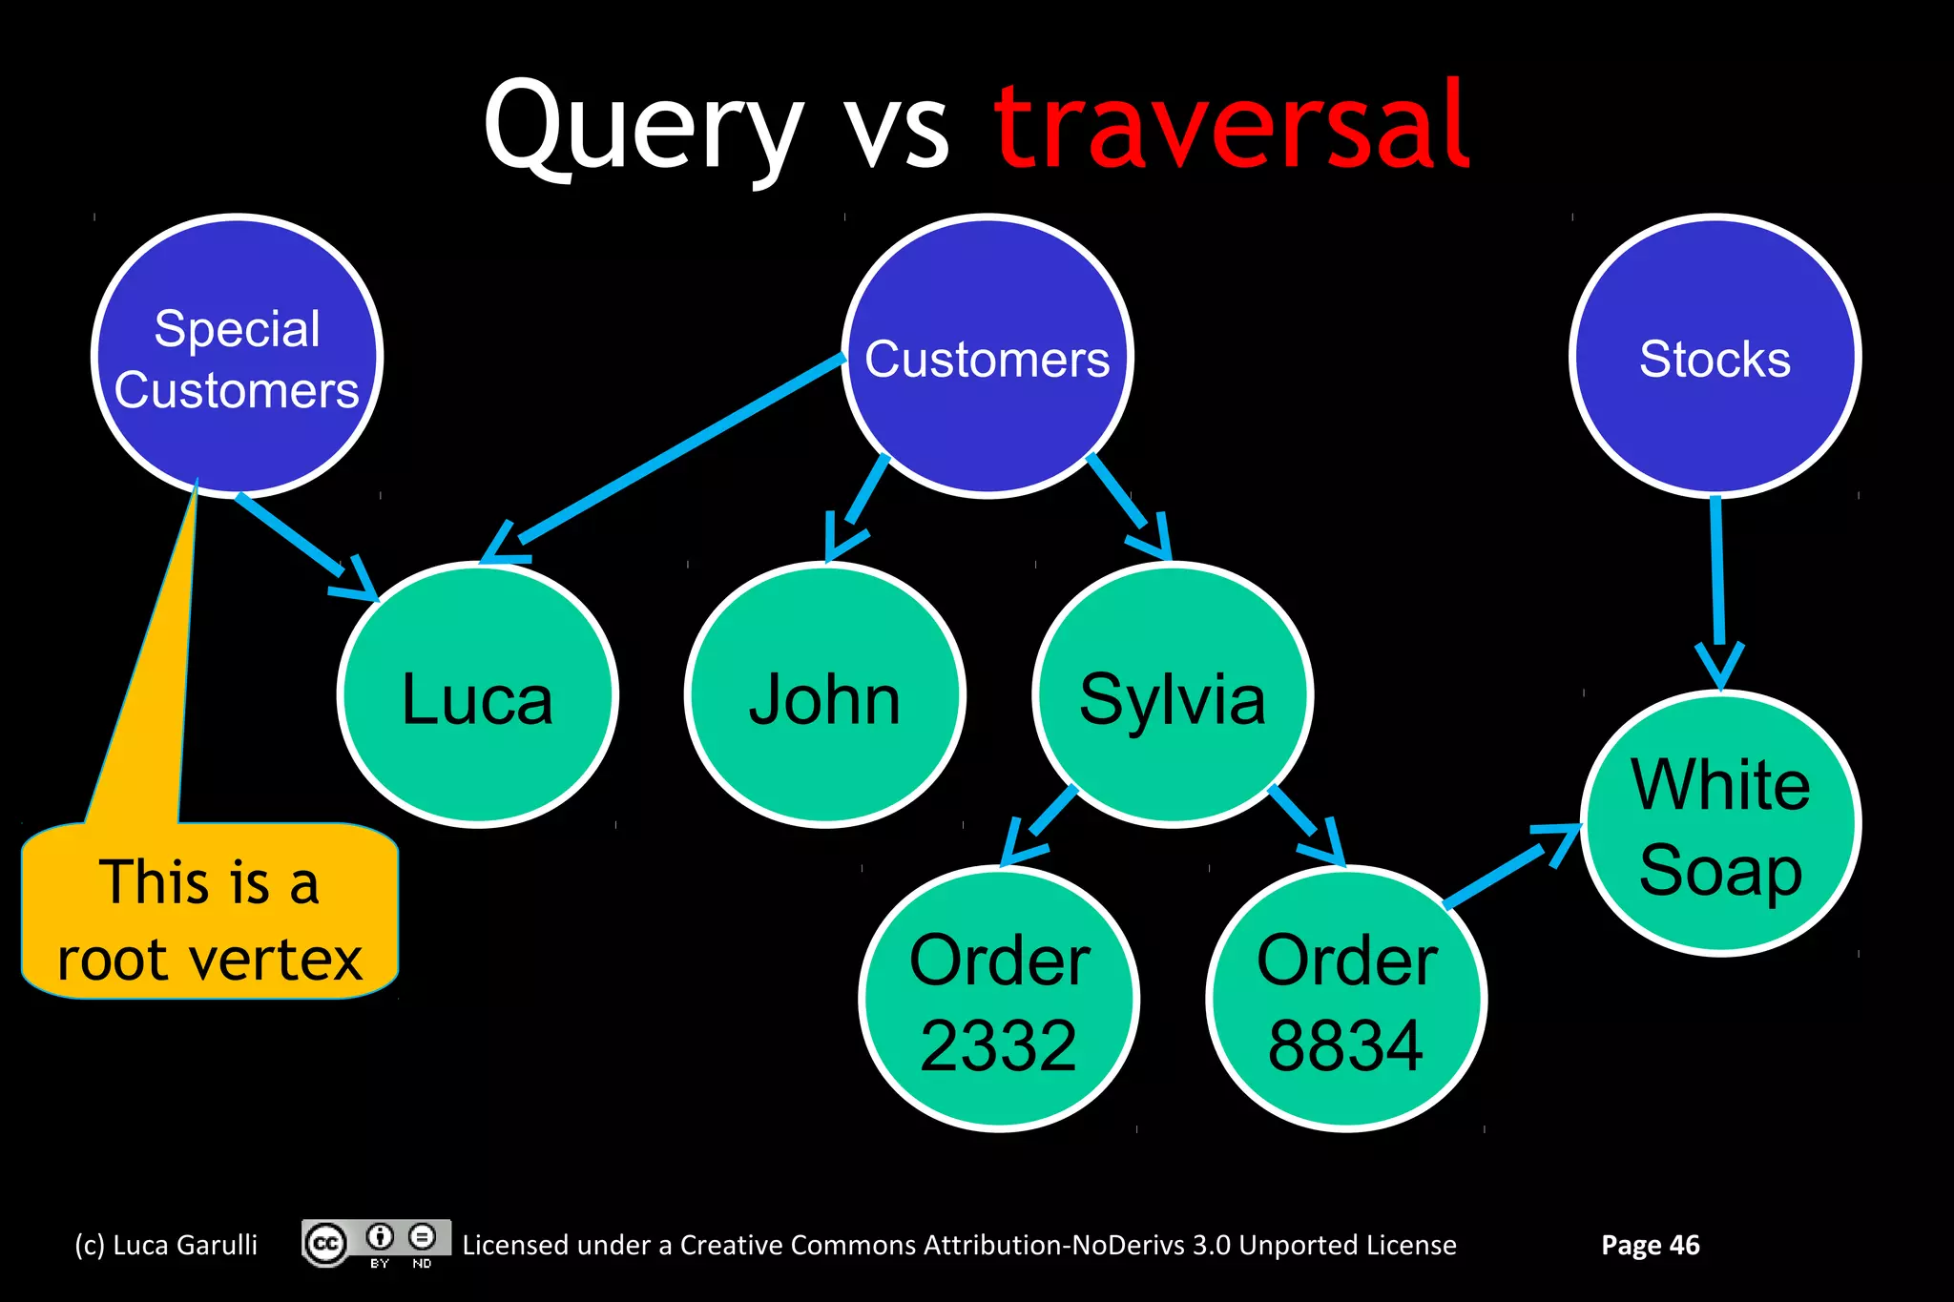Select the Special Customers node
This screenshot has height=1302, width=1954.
pos(237,358)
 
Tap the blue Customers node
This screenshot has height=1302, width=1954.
pos(987,358)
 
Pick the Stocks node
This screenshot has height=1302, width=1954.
pos(1715,358)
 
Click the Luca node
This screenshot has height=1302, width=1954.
pos(477,696)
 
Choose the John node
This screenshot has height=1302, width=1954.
pos(824,696)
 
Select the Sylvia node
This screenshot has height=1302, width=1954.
pos(1173,696)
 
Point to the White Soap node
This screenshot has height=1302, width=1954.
pos(1720,824)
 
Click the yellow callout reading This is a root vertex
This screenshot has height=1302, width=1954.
pos(210,916)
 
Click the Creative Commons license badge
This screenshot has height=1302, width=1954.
pos(376,1244)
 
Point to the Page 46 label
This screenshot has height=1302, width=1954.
pos(1650,1245)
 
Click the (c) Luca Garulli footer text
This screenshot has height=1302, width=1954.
pos(166,1245)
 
